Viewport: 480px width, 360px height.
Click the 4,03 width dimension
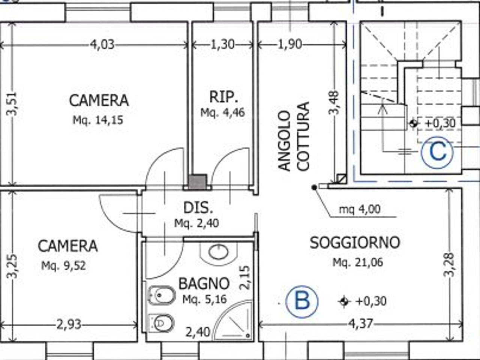click(x=102, y=45)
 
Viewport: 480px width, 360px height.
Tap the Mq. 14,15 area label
click(x=98, y=120)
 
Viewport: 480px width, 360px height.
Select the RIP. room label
click(x=223, y=97)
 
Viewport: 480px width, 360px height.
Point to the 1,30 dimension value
click(x=222, y=45)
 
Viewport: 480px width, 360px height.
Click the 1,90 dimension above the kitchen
click(x=289, y=45)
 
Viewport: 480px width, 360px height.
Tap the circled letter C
click(x=437, y=152)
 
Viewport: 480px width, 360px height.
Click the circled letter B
click(x=302, y=301)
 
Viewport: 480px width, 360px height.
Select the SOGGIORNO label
click(x=355, y=243)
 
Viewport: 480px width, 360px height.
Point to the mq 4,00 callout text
click(x=360, y=209)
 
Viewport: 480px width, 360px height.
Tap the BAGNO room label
click(x=204, y=283)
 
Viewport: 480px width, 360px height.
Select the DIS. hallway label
click(x=198, y=208)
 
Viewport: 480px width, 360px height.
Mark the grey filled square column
click(x=197, y=181)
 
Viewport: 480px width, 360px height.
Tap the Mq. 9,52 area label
click(x=63, y=266)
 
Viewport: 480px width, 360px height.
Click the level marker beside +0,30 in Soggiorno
click(x=344, y=301)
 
